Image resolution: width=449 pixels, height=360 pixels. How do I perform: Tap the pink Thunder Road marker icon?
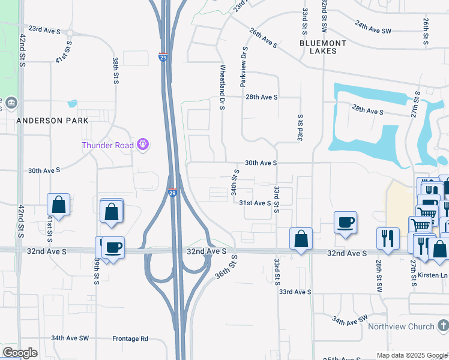143,144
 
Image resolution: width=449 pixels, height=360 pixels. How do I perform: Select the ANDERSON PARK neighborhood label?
52,120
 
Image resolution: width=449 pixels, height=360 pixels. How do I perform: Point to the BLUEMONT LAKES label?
324,47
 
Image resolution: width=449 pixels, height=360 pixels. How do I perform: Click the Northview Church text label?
401,326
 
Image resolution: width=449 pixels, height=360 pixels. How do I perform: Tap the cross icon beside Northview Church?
442,326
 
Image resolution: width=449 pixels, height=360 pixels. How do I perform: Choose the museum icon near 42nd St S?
11,104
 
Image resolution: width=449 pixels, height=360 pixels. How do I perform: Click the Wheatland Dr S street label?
222,87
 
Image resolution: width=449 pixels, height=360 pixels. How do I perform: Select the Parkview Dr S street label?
244,67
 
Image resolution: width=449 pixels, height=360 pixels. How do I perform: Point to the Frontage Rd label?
130,338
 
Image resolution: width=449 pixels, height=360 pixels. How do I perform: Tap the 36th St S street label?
226,266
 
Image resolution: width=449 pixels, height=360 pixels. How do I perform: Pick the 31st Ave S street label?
256,203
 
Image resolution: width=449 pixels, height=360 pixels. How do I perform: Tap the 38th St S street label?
115,70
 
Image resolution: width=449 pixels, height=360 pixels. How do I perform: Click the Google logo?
20,353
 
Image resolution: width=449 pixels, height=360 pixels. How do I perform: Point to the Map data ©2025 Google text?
411,355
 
